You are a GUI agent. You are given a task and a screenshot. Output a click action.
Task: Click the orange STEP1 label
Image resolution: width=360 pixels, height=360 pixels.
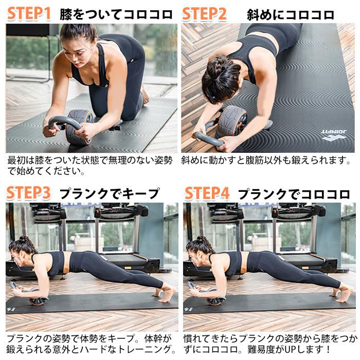pyautogui.click(x=29, y=13)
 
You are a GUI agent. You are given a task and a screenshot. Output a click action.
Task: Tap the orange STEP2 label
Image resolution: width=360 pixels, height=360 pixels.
pyautogui.click(x=204, y=13)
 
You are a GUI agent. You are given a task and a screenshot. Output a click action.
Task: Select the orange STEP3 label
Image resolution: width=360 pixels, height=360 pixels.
pyautogui.click(x=29, y=193)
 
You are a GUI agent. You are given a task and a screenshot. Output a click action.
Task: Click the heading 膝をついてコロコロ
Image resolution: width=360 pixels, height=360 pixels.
pyautogui.click(x=116, y=14)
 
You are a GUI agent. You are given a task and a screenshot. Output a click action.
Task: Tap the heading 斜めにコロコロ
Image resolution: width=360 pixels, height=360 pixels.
pyautogui.click(x=290, y=14)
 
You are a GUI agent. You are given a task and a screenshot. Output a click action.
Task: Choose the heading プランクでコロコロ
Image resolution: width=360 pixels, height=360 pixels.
pyautogui.click(x=294, y=194)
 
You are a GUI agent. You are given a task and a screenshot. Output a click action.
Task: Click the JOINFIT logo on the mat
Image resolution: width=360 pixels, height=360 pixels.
pyautogui.click(x=334, y=136)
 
